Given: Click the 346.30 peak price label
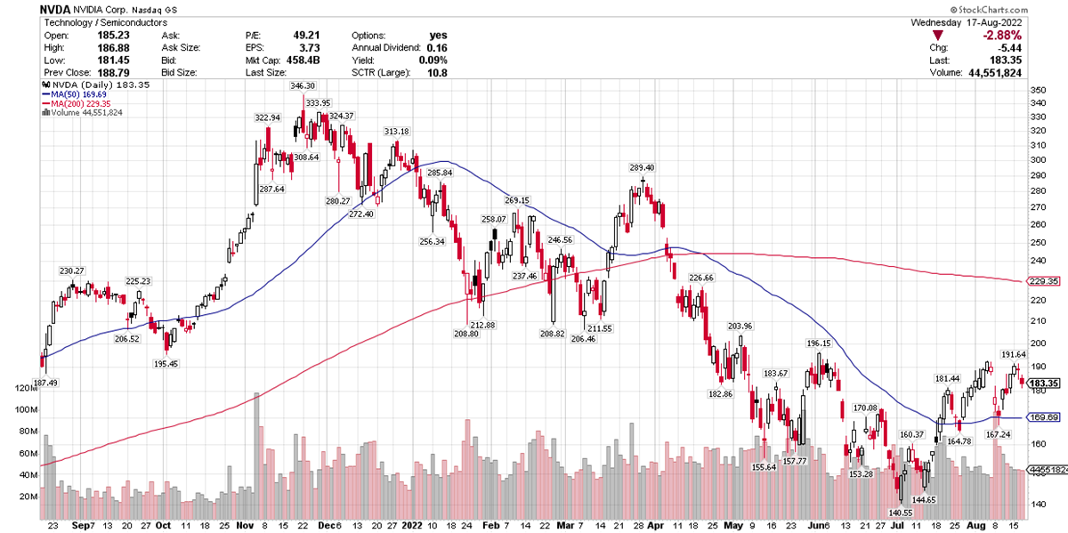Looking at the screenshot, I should coord(303,86).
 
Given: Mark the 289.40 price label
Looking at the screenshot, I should coord(642,167).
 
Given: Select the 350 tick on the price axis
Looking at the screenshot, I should coord(1036,91).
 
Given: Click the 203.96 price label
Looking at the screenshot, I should coord(740,327).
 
